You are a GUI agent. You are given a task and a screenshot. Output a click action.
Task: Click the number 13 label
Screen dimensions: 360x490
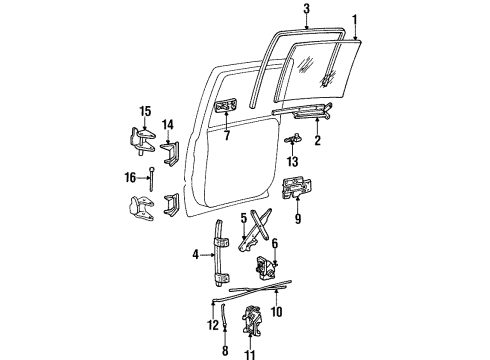(293, 161)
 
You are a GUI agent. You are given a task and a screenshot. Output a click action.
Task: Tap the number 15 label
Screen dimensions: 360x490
(144, 111)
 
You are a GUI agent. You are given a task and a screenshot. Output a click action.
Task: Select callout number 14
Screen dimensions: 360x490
(168, 125)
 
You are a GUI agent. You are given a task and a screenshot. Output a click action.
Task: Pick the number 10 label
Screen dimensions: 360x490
(277, 312)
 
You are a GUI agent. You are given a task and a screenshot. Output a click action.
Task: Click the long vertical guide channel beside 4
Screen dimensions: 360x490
(217, 268)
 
